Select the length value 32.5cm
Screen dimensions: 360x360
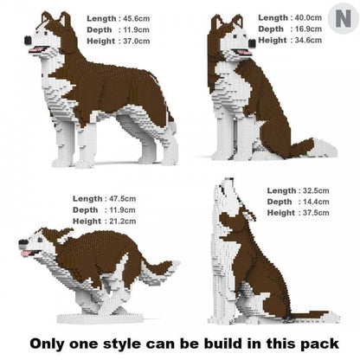click(318, 190)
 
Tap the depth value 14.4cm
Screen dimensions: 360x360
click(318, 202)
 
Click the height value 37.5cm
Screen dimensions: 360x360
click(318, 214)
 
